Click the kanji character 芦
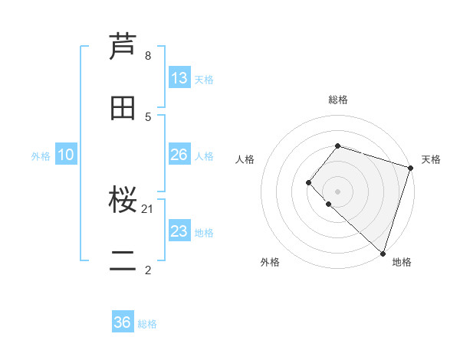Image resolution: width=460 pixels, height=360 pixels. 123,47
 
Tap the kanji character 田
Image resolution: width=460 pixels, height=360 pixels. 123,108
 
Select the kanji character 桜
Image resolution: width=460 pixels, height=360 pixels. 123,201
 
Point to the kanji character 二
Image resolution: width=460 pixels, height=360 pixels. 123,262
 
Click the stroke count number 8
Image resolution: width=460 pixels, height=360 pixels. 148,56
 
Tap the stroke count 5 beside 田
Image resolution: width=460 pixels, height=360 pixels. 148,116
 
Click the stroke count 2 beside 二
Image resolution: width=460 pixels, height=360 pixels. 148,270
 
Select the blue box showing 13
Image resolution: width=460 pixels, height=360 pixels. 179,78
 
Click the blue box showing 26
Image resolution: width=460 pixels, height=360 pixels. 179,155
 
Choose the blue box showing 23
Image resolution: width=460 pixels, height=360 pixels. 179,231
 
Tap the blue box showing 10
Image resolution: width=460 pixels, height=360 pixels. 66,155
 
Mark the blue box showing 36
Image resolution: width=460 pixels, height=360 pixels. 123,322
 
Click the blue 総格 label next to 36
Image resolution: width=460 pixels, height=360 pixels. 148,324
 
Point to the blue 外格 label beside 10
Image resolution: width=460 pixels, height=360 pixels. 41,156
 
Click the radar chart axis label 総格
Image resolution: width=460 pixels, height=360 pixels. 337,100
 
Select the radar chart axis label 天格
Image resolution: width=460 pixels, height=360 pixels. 431,159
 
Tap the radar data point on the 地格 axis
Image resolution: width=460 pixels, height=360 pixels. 383,253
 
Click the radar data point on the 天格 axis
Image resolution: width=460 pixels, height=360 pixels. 410,168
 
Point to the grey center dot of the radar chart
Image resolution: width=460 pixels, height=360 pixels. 337,191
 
